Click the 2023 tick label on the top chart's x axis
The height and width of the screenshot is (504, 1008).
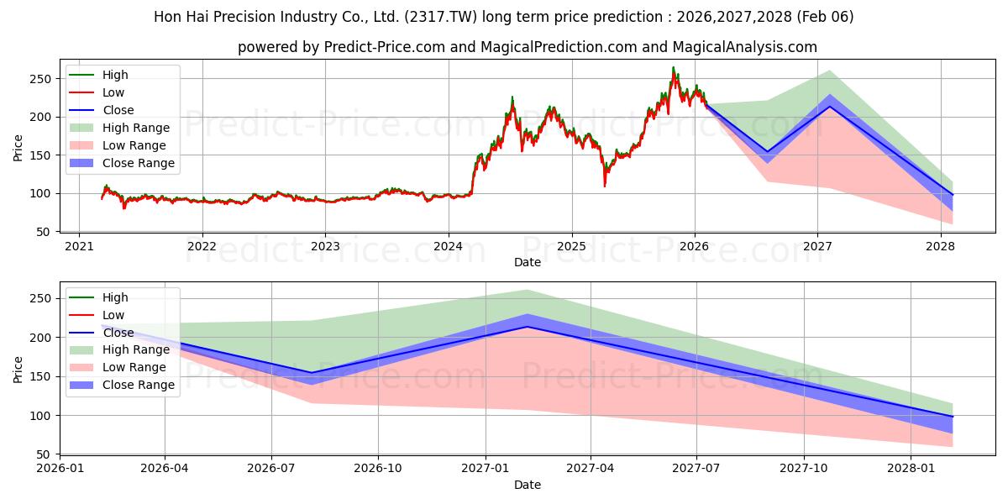click(325, 246)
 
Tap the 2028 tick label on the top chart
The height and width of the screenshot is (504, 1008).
click(940, 246)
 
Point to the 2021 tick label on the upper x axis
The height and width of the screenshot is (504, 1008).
click(79, 246)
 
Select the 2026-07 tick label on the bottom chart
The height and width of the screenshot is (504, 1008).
click(271, 469)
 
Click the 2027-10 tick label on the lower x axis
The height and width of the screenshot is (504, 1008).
click(804, 469)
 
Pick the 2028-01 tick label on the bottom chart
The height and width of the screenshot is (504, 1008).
click(911, 469)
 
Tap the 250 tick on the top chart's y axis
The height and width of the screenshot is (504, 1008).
click(43, 79)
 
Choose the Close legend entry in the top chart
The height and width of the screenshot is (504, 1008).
click(118, 110)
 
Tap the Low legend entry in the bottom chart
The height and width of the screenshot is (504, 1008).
click(113, 315)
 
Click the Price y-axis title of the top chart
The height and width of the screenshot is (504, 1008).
click(18, 147)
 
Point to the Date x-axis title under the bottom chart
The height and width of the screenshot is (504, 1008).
click(527, 485)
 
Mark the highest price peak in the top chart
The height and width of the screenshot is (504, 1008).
click(673, 68)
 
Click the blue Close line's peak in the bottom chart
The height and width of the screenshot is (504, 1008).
click(527, 327)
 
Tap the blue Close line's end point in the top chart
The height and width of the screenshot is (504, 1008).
click(953, 195)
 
